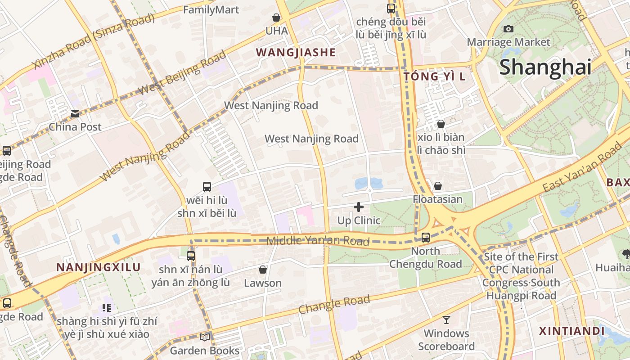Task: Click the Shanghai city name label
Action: pyautogui.click(x=545, y=67)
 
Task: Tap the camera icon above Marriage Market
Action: pyautogui.click(x=508, y=29)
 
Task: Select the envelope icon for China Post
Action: pyautogui.click(x=75, y=114)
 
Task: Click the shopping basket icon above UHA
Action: pyautogui.click(x=276, y=18)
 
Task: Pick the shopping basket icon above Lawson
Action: pyautogui.click(x=263, y=270)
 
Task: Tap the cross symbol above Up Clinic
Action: pyautogui.click(x=359, y=207)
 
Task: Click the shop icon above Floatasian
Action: pyautogui.click(x=438, y=186)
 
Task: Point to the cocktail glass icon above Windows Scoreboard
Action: pyautogui.click(x=446, y=320)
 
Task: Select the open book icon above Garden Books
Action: pyautogui.click(x=205, y=337)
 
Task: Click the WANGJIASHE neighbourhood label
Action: pyautogui.click(x=296, y=53)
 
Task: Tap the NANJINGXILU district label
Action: pyautogui.click(x=99, y=267)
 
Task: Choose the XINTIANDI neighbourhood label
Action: pyautogui.click(x=572, y=331)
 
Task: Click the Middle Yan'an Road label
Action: pyautogui.click(x=318, y=241)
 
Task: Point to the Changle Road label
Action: pyautogui.click(x=334, y=305)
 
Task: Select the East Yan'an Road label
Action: pyautogui.click(x=582, y=169)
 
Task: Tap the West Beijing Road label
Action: pyautogui.click(x=182, y=73)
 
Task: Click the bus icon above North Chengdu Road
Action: pyautogui.click(x=425, y=237)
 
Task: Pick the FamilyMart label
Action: pyautogui.click(x=211, y=9)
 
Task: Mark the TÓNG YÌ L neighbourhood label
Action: pyautogui.click(x=434, y=76)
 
